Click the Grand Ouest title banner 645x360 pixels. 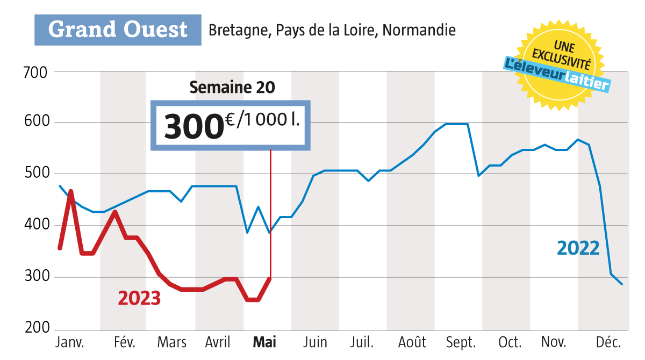(x=118, y=30)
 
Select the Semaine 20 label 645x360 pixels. (x=232, y=88)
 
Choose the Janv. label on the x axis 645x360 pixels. (x=70, y=343)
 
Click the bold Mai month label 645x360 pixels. (x=264, y=343)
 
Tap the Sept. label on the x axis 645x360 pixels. (x=461, y=343)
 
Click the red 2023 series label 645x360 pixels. (x=139, y=297)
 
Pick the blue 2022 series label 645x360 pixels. (x=578, y=248)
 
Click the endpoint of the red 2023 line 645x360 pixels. (x=270, y=278)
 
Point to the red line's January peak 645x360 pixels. (x=71, y=191)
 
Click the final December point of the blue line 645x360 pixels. (x=622, y=284)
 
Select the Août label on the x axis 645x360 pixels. (x=412, y=343)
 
